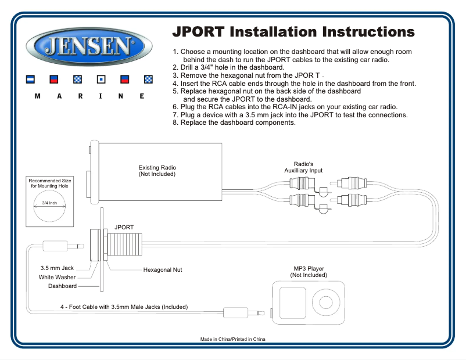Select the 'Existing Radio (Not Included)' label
(156, 171)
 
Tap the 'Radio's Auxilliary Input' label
(303, 167)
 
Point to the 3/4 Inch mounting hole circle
(50, 204)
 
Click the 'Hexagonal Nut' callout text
(163, 270)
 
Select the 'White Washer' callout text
(58, 278)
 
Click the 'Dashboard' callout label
(62, 286)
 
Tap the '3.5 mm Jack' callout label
(57, 268)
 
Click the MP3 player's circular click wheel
(322, 301)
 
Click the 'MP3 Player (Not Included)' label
(309, 272)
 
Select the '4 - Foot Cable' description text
(124, 307)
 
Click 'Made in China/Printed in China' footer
(232, 339)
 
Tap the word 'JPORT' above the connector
(124, 227)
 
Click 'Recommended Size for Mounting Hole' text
(50, 183)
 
